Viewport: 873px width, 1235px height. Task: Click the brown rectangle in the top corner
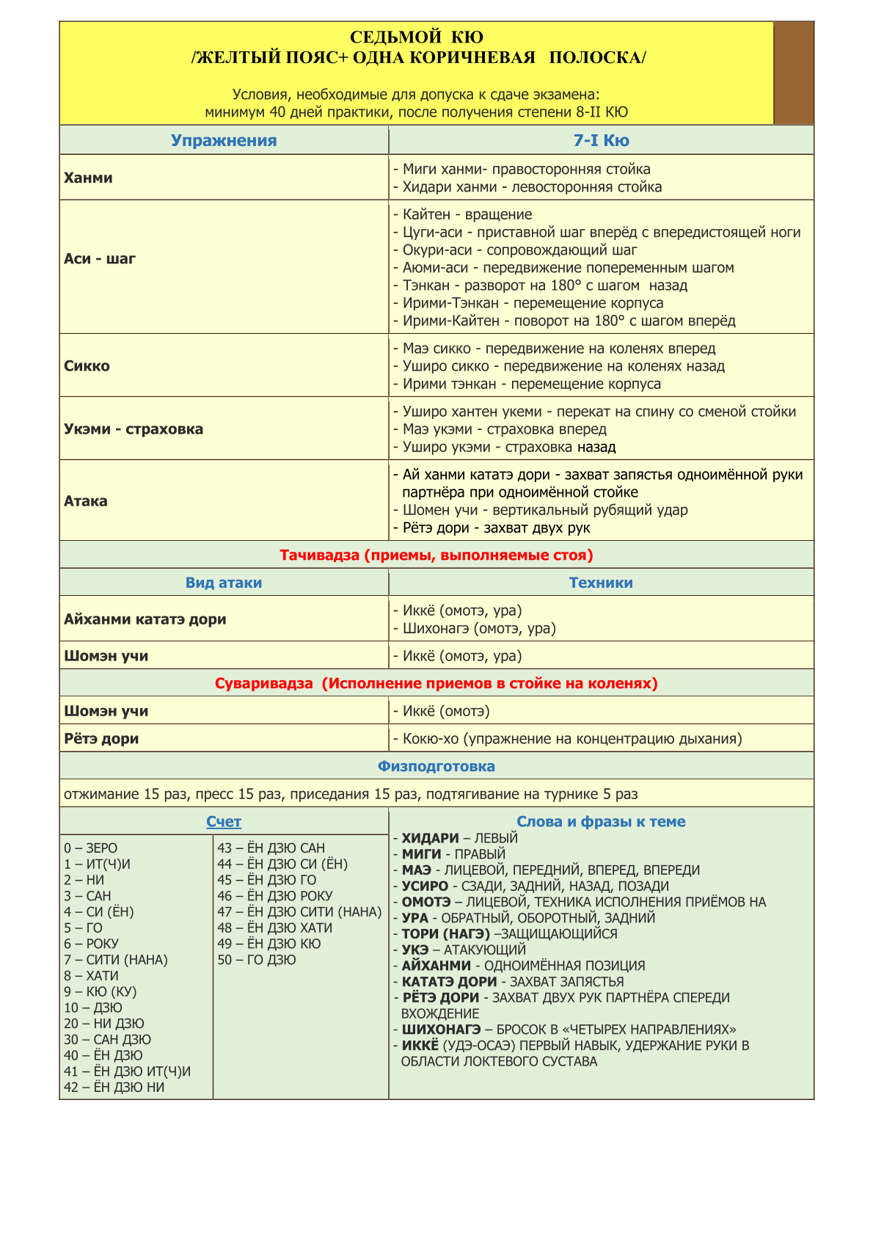[x=794, y=73]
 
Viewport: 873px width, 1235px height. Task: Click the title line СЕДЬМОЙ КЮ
[x=417, y=37]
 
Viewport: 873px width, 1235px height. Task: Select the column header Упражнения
[x=224, y=141]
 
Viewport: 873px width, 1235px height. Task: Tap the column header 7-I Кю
[x=601, y=141]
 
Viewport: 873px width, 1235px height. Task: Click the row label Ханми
[x=88, y=178]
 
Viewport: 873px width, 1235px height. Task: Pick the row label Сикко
[x=87, y=366]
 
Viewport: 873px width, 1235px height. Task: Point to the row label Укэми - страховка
[x=134, y=429]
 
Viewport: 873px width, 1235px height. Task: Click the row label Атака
[x=86, y=501]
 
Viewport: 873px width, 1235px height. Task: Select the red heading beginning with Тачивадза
[x=436, y=555]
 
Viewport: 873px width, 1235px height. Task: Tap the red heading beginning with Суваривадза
[x=436, y=684]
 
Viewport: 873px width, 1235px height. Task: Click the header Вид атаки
[x=224, y=583]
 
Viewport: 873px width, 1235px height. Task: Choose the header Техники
[x=601, y=583]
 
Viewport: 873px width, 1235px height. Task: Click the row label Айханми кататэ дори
[x=145, y=619]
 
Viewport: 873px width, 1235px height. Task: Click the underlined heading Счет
[x=224, y=822]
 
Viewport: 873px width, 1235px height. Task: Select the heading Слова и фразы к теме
[x=601, y=822]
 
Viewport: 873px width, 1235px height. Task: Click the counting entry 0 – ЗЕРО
[x=90, y=848]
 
